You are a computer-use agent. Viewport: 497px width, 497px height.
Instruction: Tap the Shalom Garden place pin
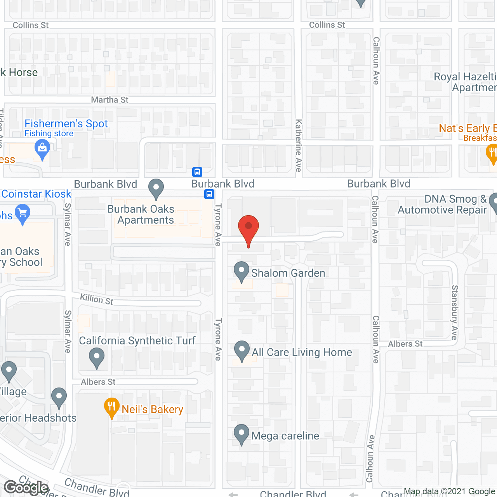click(242, 271)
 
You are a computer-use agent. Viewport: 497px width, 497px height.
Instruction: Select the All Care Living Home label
click(302, 352)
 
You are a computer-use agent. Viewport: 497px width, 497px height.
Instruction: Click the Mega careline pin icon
click(242, 434)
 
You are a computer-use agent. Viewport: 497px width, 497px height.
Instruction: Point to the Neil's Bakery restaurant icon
click(112, 407)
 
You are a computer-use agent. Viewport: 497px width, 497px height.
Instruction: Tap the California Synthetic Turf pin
click(97, 357)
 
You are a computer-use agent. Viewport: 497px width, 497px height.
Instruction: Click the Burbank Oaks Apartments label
click(141, 214)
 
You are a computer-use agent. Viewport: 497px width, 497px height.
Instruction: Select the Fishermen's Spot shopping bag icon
click(42, 149)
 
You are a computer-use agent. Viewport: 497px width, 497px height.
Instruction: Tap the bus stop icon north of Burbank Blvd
click(197, 172)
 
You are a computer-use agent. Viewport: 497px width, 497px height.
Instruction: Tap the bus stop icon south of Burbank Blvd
click(209, 194)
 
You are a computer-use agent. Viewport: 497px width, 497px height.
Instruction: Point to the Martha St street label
click(109, 100)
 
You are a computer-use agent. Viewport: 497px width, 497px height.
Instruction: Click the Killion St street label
click(97, 299)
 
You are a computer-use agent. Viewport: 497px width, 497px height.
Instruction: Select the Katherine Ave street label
click(298, 145)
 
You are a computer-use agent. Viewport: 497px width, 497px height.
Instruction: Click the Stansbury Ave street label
click(455, 312)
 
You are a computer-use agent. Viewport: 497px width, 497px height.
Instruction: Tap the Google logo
click(26, 487)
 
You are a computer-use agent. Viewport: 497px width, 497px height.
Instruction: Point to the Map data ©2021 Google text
click(449, 492)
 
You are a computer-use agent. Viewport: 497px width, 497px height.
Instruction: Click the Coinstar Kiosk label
click(36, 194)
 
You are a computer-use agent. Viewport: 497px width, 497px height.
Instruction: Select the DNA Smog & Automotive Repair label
click(442, 204)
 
